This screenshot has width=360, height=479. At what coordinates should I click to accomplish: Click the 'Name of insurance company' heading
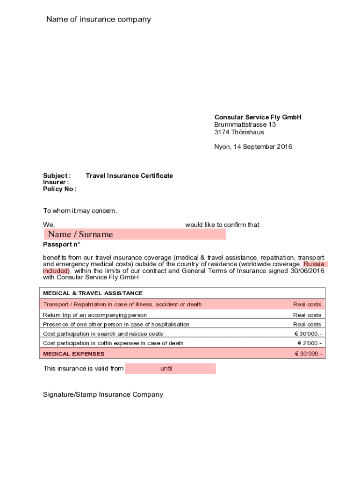point(98,19)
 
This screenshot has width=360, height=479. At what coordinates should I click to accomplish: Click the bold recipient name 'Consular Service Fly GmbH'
point(258,117)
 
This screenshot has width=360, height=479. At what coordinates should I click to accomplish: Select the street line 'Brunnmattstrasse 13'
point(245,125)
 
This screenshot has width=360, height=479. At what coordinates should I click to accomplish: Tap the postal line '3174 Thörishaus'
point(239,132)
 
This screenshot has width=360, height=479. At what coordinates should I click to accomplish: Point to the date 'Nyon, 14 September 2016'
point(253,147)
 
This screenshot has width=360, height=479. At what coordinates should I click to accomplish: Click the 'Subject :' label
point(57,176)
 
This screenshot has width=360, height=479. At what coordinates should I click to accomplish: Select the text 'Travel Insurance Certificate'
point(129,176)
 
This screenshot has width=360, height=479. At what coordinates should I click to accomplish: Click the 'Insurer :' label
point(56,182)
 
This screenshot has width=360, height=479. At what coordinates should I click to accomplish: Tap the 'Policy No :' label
point(60,189)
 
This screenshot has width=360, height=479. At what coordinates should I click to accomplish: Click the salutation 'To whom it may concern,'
point(80,211)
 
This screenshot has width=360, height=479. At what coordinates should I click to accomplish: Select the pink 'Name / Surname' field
point(135,234)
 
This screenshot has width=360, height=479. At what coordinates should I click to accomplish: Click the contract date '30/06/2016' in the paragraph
point(308,271)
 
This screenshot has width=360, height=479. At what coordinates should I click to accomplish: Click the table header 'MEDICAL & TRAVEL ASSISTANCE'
point(93,293)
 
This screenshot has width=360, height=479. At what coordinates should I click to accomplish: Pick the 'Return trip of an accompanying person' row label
point(95,315)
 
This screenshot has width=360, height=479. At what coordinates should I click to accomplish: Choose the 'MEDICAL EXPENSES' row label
point(74,354)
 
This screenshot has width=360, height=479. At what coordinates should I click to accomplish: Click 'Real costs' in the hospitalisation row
point(307,325)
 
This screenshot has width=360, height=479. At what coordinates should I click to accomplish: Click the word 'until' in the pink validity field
point(166,369)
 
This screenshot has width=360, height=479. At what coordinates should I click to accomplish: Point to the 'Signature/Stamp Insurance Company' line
point(103,395)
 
